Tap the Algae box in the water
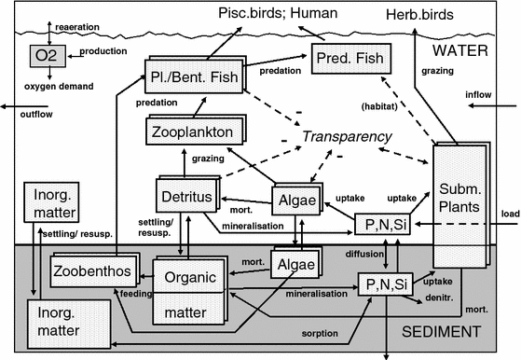point(295,201)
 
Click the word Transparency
point(347,137)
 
